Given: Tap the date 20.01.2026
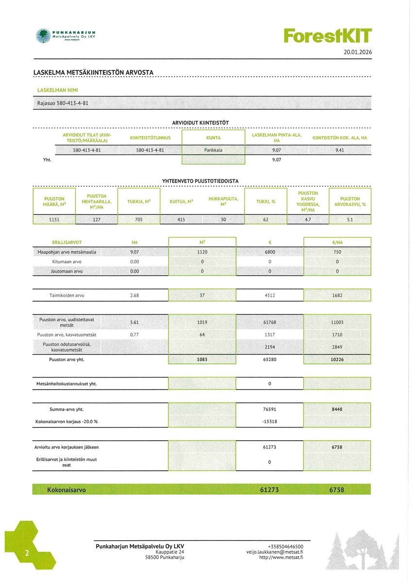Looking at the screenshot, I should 357,52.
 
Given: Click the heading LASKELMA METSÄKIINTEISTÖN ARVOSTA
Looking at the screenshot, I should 93,72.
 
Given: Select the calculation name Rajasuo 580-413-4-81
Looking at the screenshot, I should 63,103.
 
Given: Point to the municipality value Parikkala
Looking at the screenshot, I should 213,150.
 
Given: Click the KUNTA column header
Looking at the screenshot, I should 213,137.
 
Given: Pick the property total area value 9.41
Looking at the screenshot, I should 340,150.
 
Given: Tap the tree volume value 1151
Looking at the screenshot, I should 54,220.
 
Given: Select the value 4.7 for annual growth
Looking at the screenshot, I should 307,220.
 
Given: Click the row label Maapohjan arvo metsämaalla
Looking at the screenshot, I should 67,252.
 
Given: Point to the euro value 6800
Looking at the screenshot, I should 270,252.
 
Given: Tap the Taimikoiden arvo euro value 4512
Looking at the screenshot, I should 270,295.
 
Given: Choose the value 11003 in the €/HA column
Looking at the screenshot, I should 337,322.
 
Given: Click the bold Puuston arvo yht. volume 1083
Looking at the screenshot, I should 202,360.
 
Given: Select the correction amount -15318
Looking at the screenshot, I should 270,421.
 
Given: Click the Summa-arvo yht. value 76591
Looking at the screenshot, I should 270,410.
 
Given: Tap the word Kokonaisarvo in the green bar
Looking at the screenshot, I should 66,490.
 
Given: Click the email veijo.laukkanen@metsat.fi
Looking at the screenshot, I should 275,552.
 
